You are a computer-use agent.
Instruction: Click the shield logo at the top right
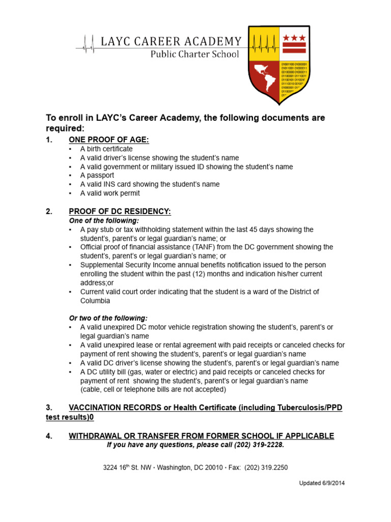277,63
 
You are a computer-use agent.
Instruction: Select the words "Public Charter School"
194,54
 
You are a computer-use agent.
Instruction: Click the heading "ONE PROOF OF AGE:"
109,140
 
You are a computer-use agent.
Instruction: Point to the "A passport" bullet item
97,175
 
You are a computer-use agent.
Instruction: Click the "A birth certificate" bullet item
106,149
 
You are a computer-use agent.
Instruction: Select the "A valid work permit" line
110,193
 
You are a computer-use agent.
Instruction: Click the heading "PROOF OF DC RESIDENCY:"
120,212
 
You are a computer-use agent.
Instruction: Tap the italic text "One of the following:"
103,221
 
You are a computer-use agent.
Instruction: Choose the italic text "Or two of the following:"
108,318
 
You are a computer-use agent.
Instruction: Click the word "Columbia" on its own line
95,301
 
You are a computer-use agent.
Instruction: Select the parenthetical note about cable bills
153,389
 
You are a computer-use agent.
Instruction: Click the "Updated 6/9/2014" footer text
321,483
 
